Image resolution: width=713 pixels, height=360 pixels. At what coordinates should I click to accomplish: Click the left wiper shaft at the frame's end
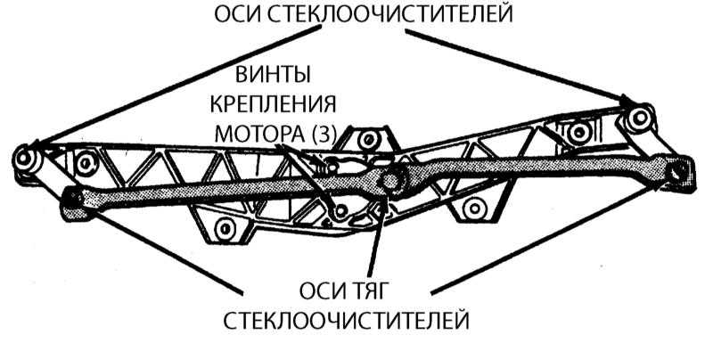click(24, 157)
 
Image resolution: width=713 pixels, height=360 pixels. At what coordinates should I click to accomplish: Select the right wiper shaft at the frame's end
click(636, 118)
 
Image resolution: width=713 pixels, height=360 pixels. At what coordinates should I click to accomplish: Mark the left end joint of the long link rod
click(76, 200)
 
